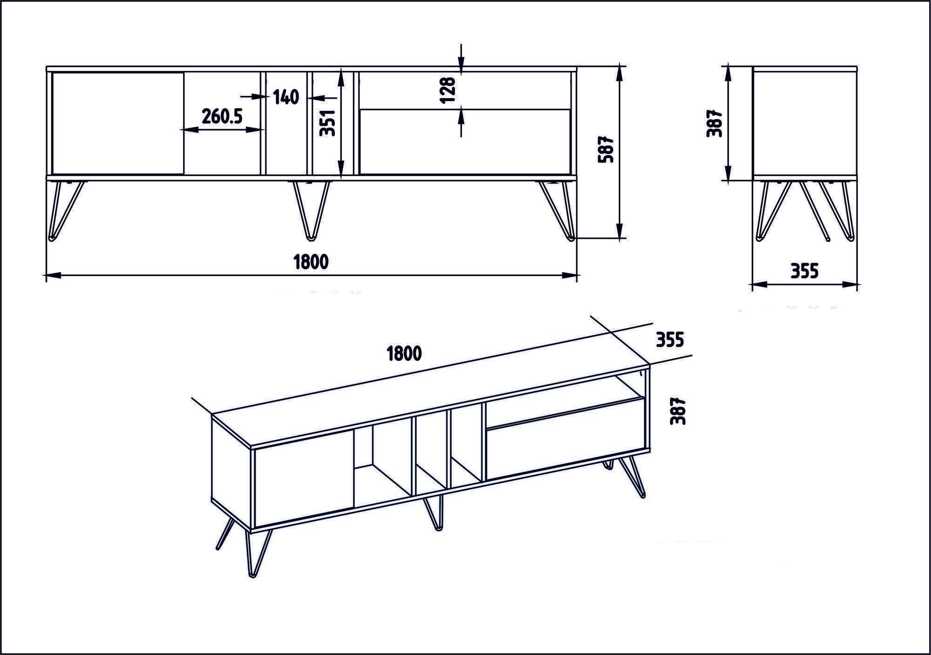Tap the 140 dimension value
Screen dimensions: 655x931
(285, 97)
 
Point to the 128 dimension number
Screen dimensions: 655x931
(447, 90)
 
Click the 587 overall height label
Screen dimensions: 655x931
(607, 149)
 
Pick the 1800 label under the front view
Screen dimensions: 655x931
(311, 262)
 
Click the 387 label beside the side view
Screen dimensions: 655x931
(715, 123)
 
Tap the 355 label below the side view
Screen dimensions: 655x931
(804, 271)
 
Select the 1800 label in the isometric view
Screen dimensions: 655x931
(404, 354)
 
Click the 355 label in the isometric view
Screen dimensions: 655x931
(669, 340)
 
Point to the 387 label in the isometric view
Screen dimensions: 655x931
(678, 411)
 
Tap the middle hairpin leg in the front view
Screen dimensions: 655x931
(311, 209)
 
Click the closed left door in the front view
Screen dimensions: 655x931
(117, 123)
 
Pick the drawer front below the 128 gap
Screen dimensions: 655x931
(465, 142)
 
